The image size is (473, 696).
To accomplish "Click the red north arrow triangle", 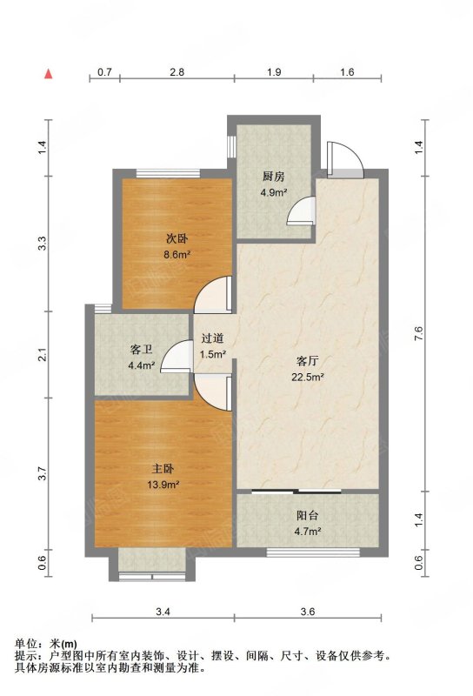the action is point(49,74).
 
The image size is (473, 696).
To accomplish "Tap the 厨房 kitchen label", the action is point(273,177).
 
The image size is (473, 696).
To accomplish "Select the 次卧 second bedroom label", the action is point(177,238).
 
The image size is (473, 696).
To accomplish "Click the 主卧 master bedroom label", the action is point(163,468).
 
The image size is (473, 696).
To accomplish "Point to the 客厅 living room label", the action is point(307,361).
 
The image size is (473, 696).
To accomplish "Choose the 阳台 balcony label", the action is point(307,515).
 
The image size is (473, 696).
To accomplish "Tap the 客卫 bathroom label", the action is point(141,350).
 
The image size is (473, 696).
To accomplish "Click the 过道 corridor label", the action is point(212,338).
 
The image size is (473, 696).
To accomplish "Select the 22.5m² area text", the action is point(307,378).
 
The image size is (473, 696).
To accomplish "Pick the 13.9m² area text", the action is point(163,485).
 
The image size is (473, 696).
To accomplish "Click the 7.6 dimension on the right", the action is point(419,333).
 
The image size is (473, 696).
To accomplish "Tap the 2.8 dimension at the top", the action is point(177,72).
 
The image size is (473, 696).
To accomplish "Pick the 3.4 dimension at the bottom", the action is point(163,612).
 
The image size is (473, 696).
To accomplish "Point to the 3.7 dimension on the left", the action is point(42,473).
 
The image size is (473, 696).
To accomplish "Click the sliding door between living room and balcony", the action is point(296,492).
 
